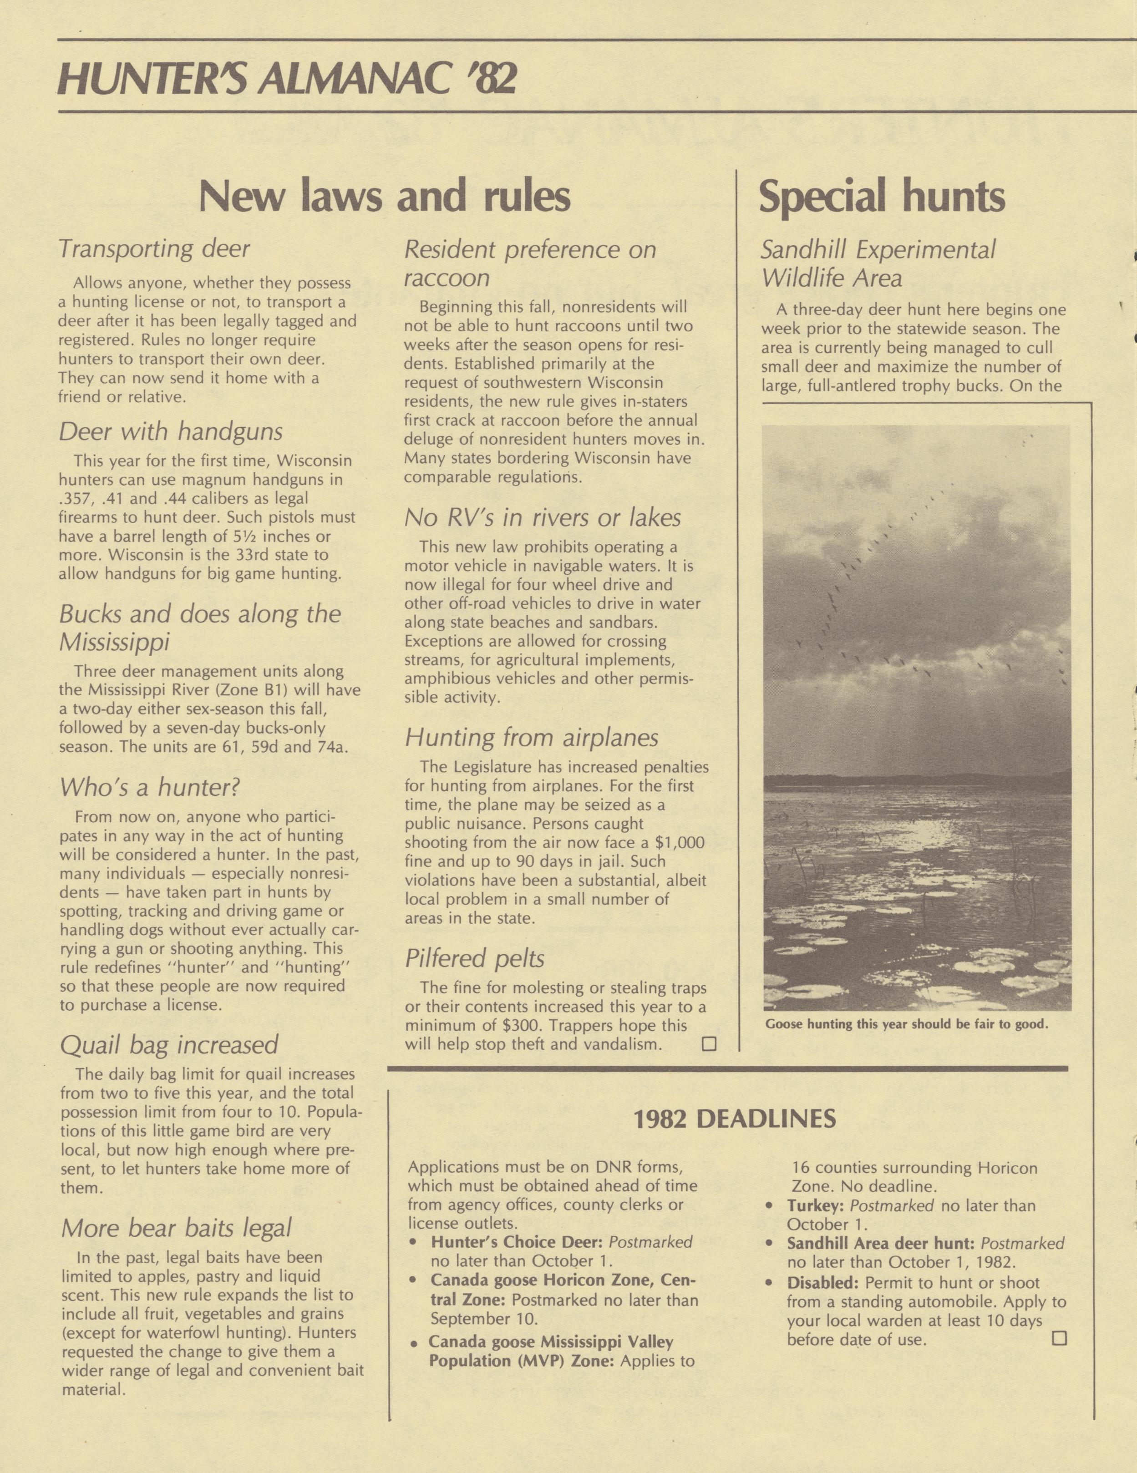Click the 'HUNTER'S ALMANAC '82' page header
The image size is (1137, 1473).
[x=288, y=80]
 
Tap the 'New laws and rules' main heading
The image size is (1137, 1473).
[x=385, y=196]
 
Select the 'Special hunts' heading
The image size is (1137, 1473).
[x=882, y=196]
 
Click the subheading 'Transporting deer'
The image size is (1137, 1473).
[x=154, y=249]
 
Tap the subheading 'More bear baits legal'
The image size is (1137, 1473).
[x=176, y=1228]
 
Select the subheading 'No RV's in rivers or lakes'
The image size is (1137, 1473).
[x=543, y=517]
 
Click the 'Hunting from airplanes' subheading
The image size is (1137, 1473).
[x=531, y=737]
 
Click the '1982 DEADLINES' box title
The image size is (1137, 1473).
[x=734, y=1119]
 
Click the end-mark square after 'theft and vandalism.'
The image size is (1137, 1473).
[x=709, y=1045]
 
